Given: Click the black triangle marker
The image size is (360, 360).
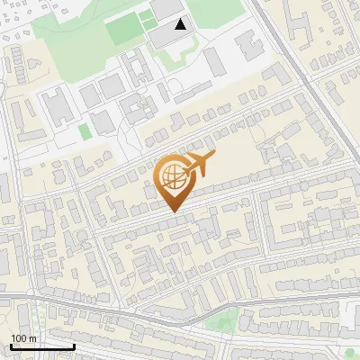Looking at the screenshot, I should [181, 24].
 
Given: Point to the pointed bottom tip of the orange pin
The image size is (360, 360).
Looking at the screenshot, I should [174, 211].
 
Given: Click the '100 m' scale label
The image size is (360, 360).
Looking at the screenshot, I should [24, 338].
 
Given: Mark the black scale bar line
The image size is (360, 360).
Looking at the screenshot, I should [42, 346].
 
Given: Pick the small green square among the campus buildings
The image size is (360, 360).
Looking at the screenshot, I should [85, 131].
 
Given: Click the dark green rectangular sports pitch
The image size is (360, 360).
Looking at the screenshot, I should [124, 31].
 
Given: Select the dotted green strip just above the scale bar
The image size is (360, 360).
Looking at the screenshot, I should [41, 319].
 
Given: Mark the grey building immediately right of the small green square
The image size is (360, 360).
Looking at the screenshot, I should [101, 121].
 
